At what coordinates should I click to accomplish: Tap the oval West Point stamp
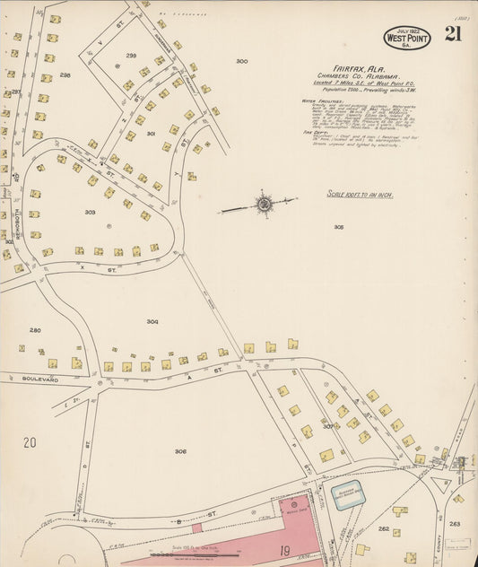[x=407, y=38]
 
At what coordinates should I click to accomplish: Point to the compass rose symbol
[x=265, y=205]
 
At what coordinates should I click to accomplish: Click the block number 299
[x=131, y=55]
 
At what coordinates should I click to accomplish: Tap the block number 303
[x=90, y=213]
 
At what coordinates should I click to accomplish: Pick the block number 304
[x=152, y=321]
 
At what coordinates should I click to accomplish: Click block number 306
[x=180, y=451]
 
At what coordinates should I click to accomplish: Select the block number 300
[x=241, y=61]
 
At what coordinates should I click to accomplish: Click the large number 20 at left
[x=30, y=442]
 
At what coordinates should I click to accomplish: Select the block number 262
[x=383, y=529]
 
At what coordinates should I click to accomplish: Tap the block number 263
[x=455, y=523]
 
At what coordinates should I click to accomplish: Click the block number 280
[x=35, y=330]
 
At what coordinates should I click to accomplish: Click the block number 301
[x=151, y=134]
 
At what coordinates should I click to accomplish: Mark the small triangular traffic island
[x=443, y=486]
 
